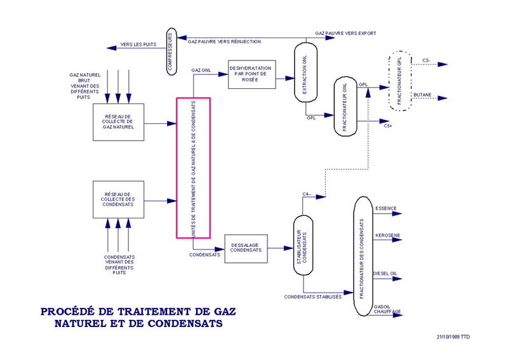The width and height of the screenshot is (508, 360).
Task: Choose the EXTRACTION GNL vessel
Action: click(304, 72)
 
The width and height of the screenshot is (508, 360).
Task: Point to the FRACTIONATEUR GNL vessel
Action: click(345, 106)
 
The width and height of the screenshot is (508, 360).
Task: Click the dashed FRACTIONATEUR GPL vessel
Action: click(399, 81)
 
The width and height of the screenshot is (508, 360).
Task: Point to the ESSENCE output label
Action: click(387, 208)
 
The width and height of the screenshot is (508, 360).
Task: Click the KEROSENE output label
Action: click(388, 235)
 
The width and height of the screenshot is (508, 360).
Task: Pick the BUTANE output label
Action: click(423, 95)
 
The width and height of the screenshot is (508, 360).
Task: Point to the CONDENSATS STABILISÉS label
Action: click(313, 297)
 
